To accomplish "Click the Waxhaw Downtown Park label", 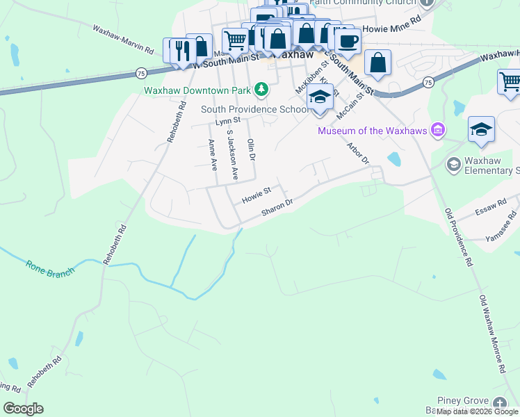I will pyautogui.click(x=197, y=90).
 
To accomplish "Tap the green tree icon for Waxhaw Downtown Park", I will pyautogui.click(x=261, y=88).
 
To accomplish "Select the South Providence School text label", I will pyautogui.click(x=254, y=109).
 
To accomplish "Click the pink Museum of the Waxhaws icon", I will pyautogui.click(x=437, y=129).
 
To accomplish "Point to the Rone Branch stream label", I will pyautogui.click(x=49, y=268).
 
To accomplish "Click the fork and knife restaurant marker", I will pyautogui.click(x=182, y=50).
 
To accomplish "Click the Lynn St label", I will pyautogui.click(x=227, y=121).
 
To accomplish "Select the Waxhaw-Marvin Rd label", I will pyautogui.click(x=123, y=39).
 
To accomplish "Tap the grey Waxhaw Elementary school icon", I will pyautogui.click(x=453, y=164).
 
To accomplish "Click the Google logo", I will pyautogui.click(x=23, y=409).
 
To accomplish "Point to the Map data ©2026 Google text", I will pyautogui.click(x=477, y=411).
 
